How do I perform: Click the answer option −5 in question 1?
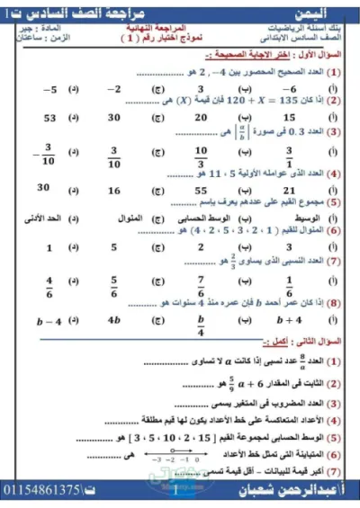(50, 90)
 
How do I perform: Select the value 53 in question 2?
(49, 118)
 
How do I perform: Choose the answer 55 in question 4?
(201, 191)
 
